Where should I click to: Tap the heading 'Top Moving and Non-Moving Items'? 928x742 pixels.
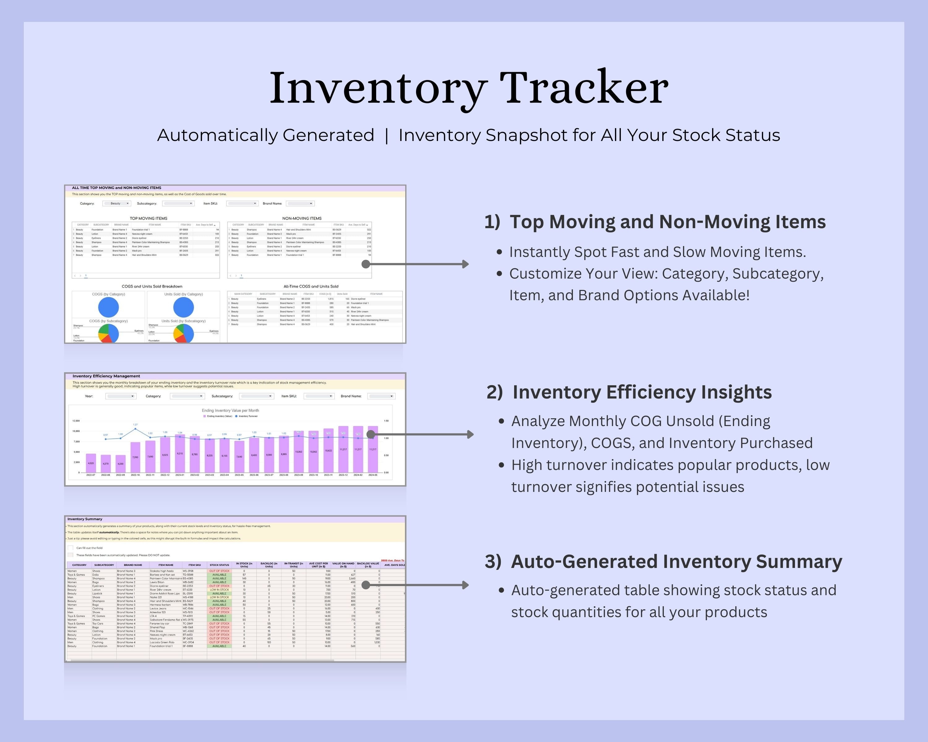pos(667,222)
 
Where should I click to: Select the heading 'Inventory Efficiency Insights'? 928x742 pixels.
pos(642,392)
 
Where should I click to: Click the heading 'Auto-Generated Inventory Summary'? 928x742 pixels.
pos(676,562)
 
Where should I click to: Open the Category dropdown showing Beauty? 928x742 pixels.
pos(116,203)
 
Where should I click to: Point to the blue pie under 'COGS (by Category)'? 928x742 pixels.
pos(109,307)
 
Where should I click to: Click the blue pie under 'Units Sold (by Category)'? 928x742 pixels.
pos(183,307)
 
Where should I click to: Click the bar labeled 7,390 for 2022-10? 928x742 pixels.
pos(135,457)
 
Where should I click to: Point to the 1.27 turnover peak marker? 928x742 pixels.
pos(135,429)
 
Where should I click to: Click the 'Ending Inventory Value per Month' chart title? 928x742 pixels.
pos(230,410)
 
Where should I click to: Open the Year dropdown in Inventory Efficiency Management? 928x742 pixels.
pos(121,396)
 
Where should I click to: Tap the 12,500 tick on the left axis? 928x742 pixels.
pos(76,421)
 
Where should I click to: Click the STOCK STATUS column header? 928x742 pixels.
pos(219,565)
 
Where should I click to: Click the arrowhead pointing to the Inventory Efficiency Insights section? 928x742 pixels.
pos(470,434)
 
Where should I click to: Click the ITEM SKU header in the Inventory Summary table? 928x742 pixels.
pos(195,565)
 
